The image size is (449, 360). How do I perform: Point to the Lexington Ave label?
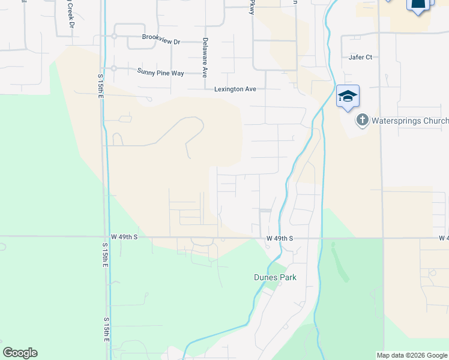(235, 89)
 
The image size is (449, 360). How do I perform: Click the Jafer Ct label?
(361, 57)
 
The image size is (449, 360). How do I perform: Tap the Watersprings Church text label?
(410, 121)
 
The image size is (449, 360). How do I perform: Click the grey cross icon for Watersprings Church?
(362, 120)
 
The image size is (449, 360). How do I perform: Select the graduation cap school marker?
(348, 96)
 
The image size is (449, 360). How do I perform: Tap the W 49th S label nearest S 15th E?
(124, 237)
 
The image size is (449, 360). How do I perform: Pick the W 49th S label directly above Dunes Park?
(280, 238)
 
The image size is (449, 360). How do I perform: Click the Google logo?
(20, 353)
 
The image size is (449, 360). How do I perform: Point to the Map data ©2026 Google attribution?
(412, 355)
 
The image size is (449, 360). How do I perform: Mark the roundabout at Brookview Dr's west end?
(113, 36)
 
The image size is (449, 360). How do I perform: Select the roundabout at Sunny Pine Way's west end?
(113, 68)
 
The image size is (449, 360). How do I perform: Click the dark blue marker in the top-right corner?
(420, 5)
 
